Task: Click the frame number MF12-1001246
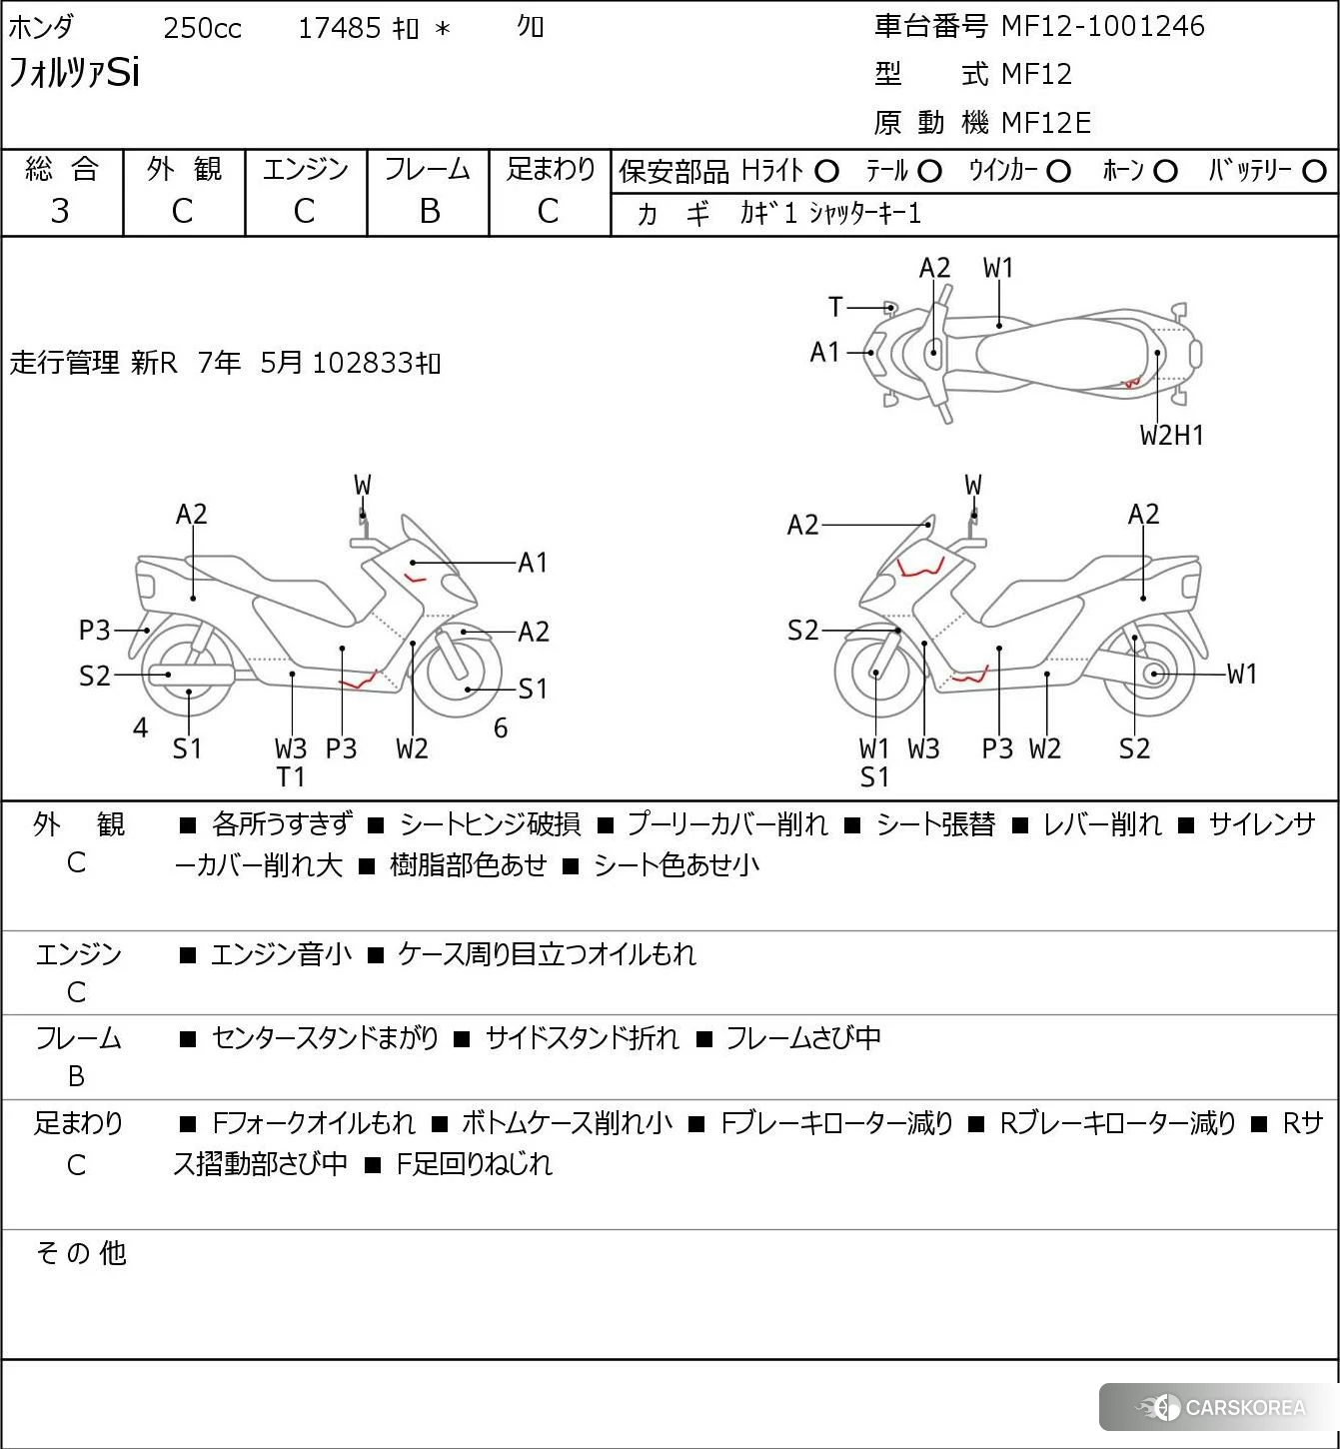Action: tap(1102, 26)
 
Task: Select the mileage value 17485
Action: tap(339, 28)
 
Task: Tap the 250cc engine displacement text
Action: tap(202, 28)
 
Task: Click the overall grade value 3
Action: tap(60, 211)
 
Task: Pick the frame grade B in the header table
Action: tap(429, 211)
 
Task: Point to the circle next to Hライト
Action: tap(826, 172)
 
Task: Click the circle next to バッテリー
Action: tap(1315, 172)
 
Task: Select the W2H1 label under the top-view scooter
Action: tap(1171, 435)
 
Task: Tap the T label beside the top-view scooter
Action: tap(835, 307)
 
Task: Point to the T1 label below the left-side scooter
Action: tap(291, 776)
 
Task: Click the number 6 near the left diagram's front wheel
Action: tap(501, 728)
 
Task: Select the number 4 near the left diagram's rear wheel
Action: tap(140, 728)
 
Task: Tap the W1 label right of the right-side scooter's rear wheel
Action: tap(1241, 674)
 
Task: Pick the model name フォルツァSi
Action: tap(75, 73)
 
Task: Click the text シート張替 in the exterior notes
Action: tap(935, 824)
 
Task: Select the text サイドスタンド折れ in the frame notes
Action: tap(582, 1039)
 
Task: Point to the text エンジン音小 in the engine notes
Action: tap(281, 954)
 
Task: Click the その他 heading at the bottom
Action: tap(81, 1253)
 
